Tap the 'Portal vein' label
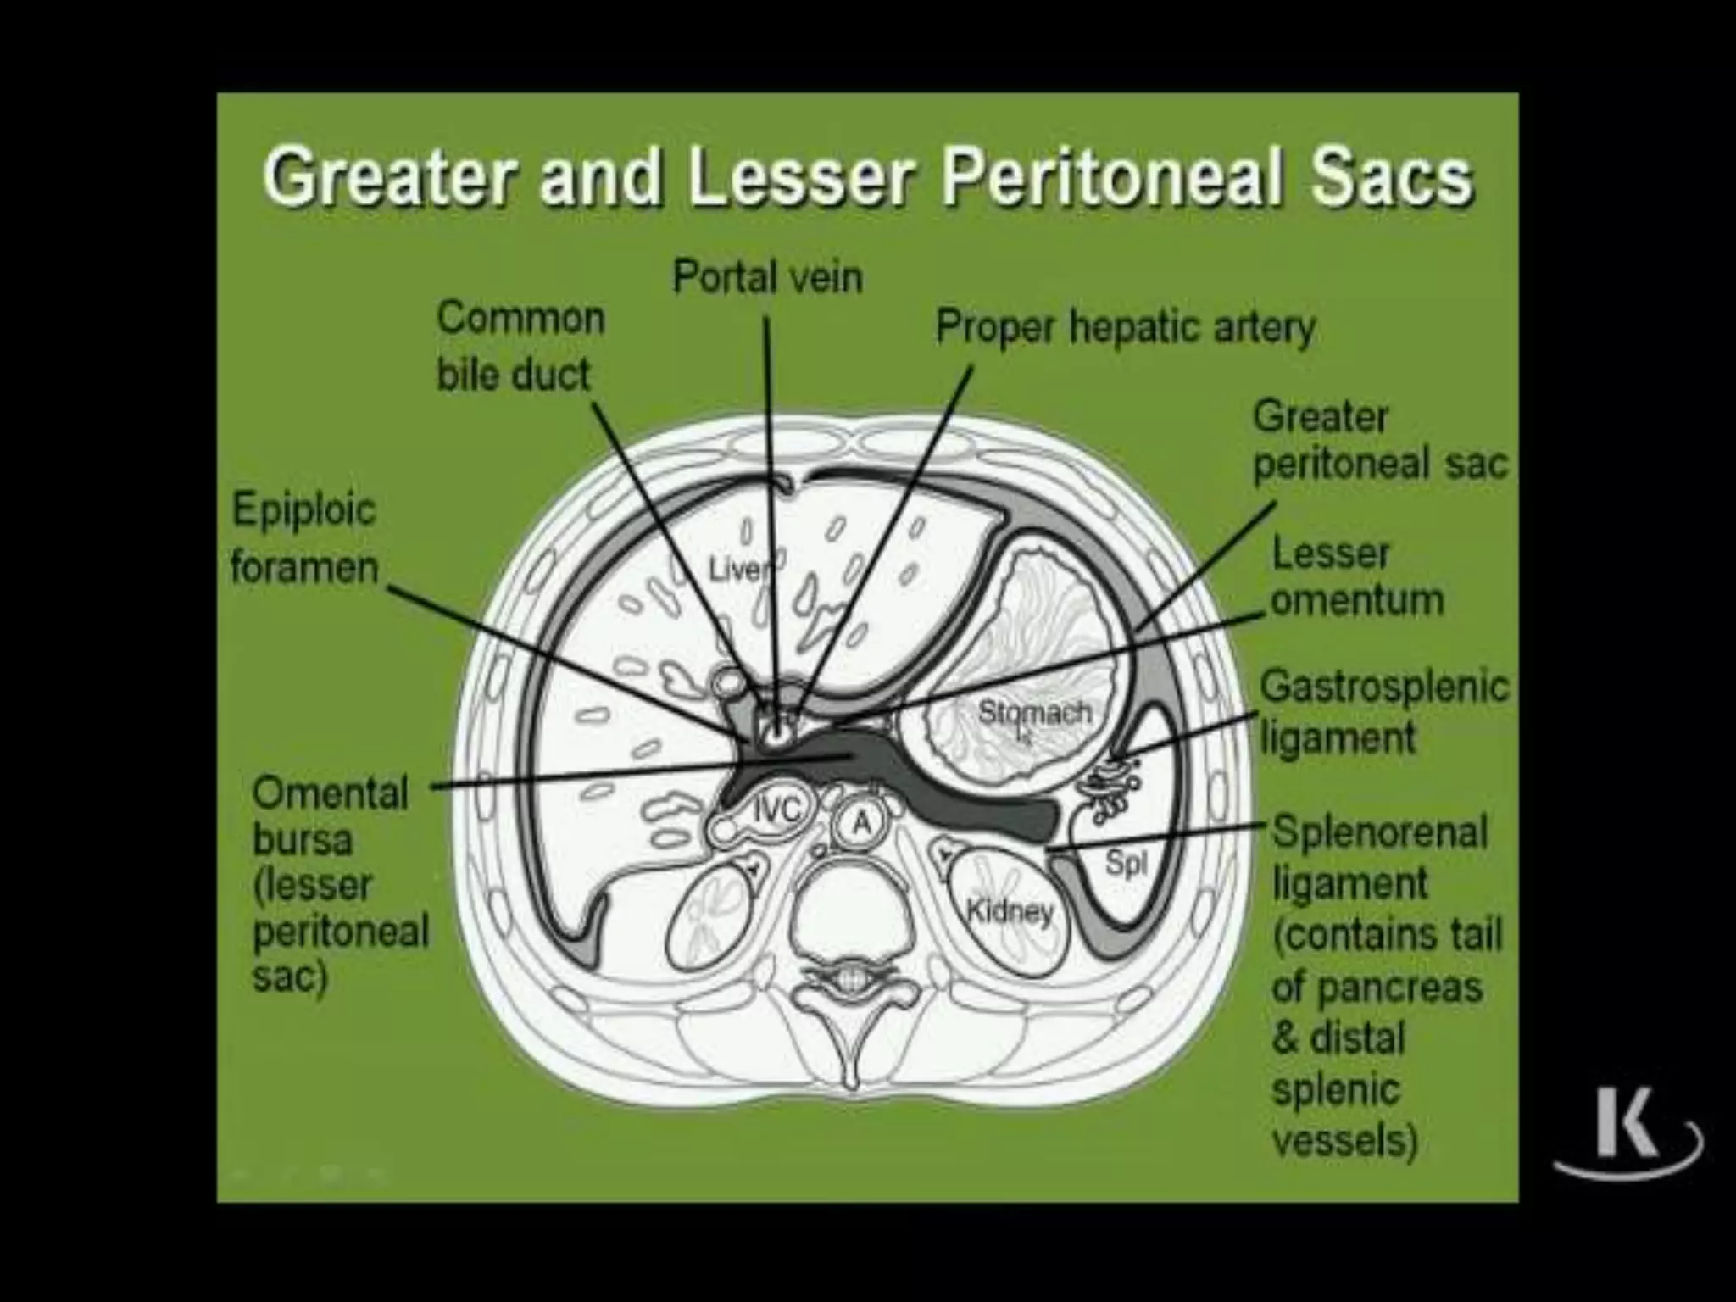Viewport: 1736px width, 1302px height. pyautogui.click(x=767, y=277)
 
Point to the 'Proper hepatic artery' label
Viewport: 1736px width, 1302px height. pyautogui.click(x=1125, y=328)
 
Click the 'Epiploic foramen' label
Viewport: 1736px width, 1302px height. pyautogui.click(x=303, y=538)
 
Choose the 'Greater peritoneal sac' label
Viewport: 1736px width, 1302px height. pyautogui.click(x=1380, y=441)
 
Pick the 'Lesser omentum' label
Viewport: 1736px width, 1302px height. pyautogui.click(x=1356, y=577)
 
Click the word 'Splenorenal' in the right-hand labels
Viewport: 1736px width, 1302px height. pyautogui.click(x=1380, y=832)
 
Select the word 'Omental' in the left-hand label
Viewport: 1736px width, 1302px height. pyautogui.click(x=331, y=793)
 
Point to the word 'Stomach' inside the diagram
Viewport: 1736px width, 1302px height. pyautogui.click(x=1034, y=712)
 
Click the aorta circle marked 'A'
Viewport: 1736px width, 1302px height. pyautogui.click(x=860, y=821)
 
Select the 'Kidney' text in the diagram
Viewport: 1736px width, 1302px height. pyautogui.click(x=1010, y=912)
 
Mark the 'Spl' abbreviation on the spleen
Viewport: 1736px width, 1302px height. pyautogui.click(x=1127, y=864)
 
